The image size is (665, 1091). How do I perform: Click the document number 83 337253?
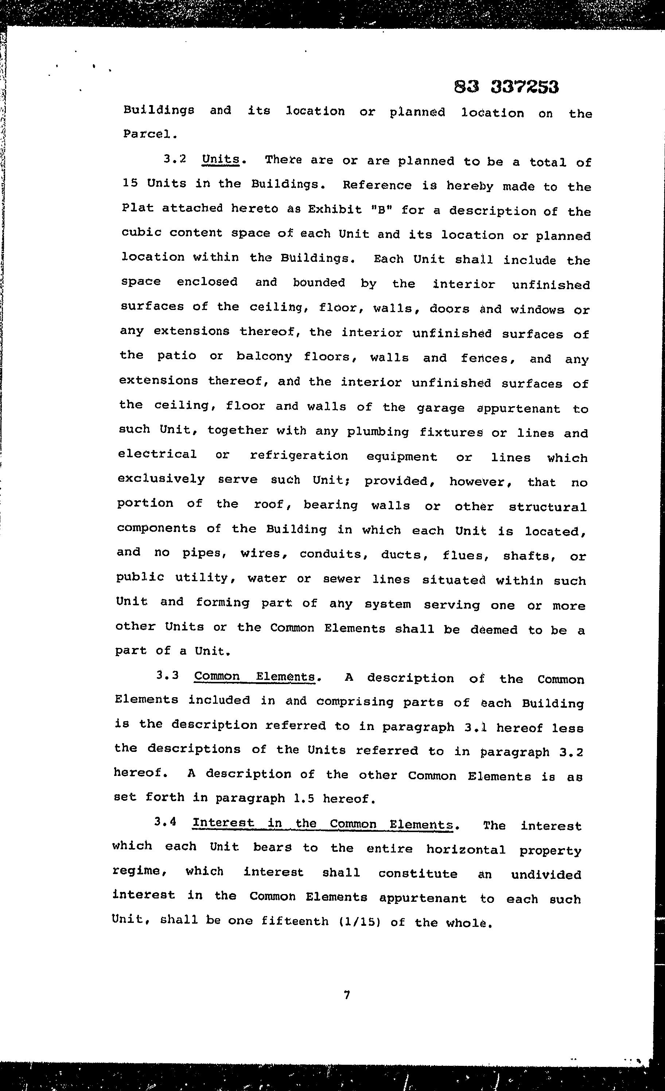click(506, 87)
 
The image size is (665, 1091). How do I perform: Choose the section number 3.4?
click(165, 822)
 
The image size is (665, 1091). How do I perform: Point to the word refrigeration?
click(299, 456)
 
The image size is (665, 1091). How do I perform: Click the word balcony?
click(264, 357)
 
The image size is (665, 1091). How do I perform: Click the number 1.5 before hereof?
click(303, 798)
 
